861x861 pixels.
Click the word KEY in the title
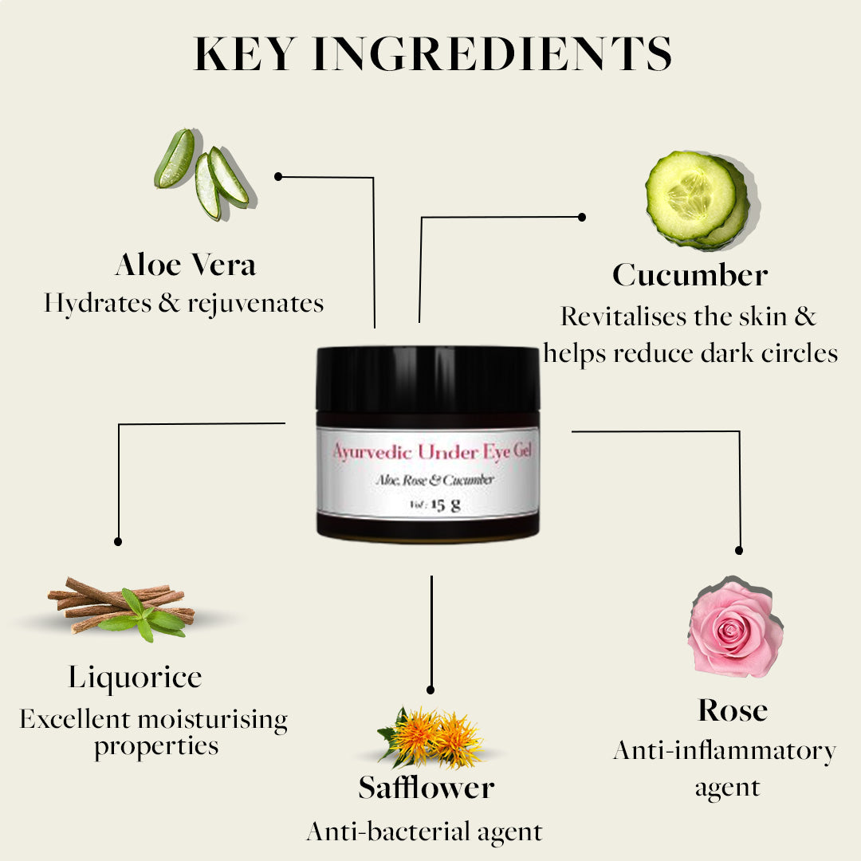[x=246, y=53]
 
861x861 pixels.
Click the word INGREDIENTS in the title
[x=492, y=53]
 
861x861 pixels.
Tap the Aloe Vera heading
[x=186, y=265]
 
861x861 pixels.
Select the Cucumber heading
[x=690, y=274]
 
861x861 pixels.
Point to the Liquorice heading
[x=135, y=678]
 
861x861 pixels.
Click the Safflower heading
[x=426, y=788]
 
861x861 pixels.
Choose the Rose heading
[x=733, y=710]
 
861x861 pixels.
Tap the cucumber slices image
[x=701, y=200]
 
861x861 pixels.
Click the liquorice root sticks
[x=122, y=607]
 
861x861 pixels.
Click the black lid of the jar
[x=428, y=379]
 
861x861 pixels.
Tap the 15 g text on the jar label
[x=446, y=505]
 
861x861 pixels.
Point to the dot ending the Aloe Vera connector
[x=278, y=176]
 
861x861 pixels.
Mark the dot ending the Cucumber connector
[x=581, y=218]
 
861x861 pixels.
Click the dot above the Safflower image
[x=431, y=690]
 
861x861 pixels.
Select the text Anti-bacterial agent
[x=424, y=832]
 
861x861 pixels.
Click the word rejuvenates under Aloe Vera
[x=256, y=304]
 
